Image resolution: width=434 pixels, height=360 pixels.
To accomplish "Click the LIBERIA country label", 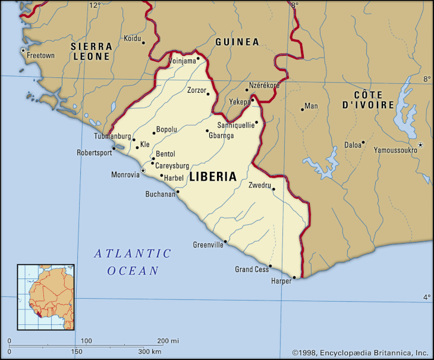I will click(212, 177).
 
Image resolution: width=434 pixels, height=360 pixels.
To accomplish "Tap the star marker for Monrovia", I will click(143, 171).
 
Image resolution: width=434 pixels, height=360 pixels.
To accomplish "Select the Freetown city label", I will click(41, 56).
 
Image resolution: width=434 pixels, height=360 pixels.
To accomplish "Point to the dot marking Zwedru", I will click(273, 189).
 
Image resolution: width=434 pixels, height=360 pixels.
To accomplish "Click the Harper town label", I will click(281, 281).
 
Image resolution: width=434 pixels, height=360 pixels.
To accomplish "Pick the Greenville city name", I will click(208, 245).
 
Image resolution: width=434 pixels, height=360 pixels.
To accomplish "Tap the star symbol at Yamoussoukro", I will click(420, 145).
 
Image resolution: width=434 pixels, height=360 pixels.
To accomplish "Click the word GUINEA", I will click(237, 42).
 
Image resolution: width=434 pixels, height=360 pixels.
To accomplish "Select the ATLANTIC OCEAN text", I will click(133, 262).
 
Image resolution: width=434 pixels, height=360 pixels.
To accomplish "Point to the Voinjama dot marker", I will click(198, 58).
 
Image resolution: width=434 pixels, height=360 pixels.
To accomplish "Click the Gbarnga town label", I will click(221, 136).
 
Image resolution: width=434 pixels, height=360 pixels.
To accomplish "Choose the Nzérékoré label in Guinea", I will click(264, 86).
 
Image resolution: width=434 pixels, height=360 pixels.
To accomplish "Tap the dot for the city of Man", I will click(302, 109).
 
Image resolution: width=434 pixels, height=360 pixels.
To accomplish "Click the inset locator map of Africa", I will click(46, 297).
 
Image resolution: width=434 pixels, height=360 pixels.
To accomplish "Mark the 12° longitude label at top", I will click(95, 5).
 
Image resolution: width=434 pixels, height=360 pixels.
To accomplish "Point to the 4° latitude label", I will click(426, 297).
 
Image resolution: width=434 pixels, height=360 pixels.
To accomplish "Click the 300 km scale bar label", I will click(150, 352).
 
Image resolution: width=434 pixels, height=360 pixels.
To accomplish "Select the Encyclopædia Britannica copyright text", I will click(360, 352).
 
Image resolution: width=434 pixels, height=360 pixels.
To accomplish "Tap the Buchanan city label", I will click(161, 194).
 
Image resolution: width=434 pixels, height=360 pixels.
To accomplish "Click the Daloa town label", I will click(353, 145).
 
